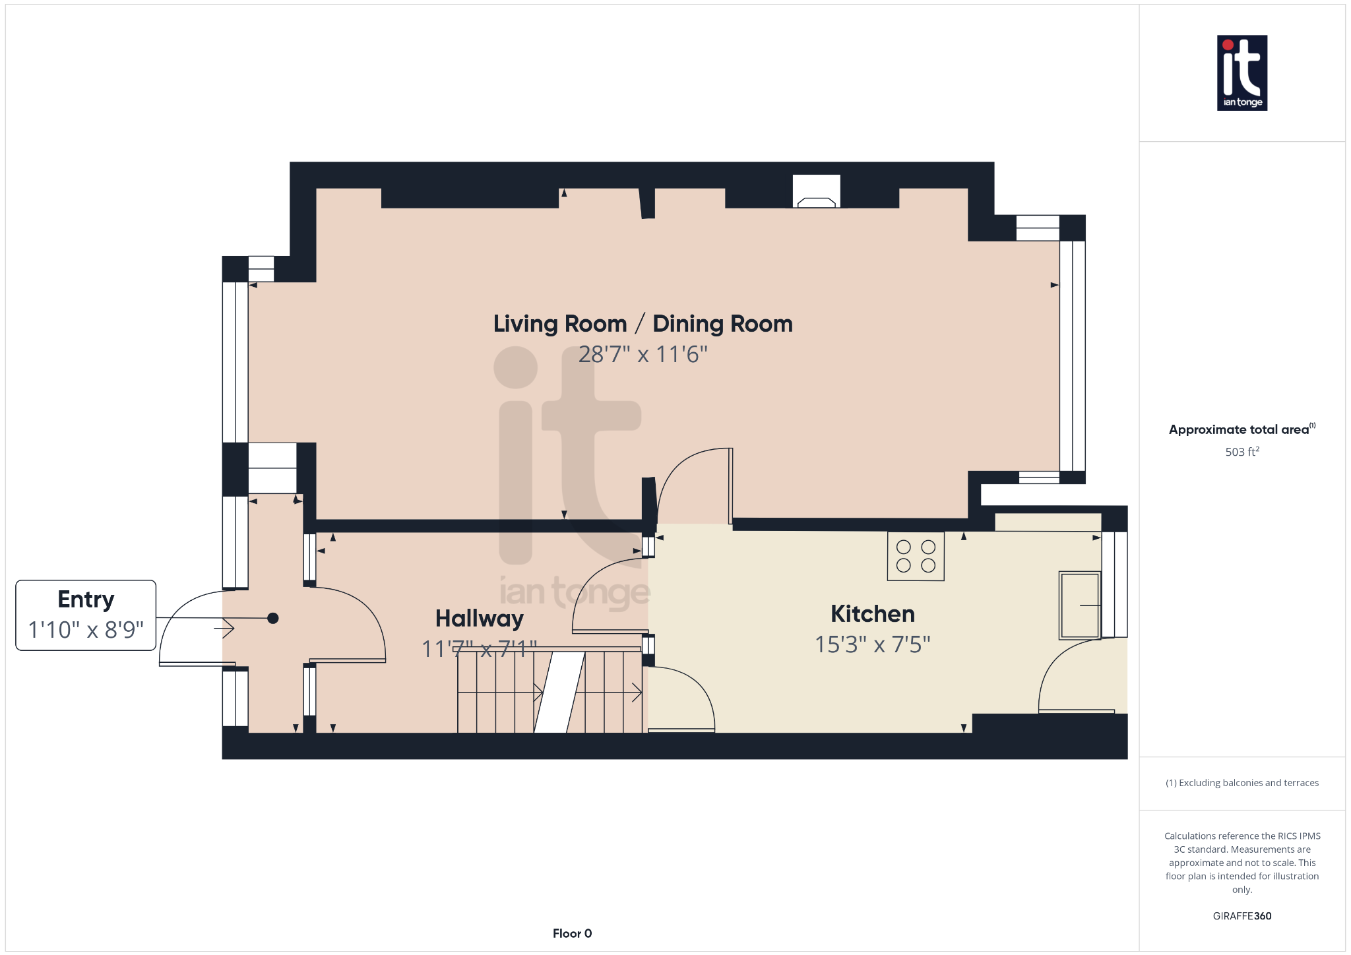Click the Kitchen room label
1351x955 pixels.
click(872, 614)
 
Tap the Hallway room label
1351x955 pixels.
click(479, 619)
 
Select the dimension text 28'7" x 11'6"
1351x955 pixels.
click(643, 355)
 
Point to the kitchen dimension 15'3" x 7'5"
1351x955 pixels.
click(872, 644)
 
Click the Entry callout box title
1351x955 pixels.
click(86, 600)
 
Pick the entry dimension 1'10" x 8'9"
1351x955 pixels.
click(86, 630)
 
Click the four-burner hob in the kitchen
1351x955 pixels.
click(916, 556)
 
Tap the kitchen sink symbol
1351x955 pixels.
click(1079, 605)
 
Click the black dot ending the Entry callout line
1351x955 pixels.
click(273, 618)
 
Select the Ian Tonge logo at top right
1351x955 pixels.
click(1241, 73)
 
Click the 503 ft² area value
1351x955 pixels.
click(1241, 452)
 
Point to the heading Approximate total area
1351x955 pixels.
click(1239, 429)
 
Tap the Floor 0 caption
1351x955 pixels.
click(572, 933)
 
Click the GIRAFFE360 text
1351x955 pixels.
click(1241, 916)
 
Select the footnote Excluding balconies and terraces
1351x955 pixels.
click(1241, 783)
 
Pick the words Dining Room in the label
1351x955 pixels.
click(722, 324)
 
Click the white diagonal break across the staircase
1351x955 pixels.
click(559, 692)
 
